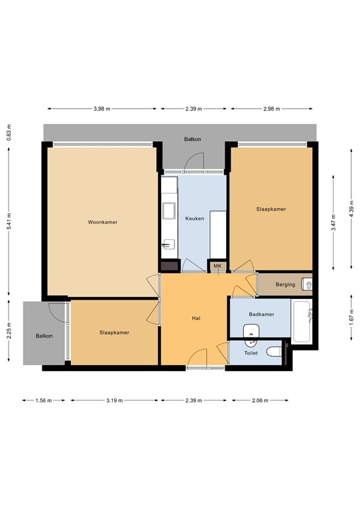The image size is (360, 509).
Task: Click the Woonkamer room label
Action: pos(102,222)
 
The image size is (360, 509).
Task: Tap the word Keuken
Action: pos(194,218)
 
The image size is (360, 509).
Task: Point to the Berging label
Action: pos(276,284)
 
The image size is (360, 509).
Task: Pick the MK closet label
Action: pos(217,266)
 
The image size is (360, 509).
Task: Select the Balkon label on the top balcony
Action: pos(193,139)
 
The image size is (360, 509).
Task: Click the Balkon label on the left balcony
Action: pos(44,336)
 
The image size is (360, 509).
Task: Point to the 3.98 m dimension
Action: pos(102,109)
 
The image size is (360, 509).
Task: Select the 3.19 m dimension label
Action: pos(114,400)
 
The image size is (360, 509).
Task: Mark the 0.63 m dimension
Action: pos(9,133)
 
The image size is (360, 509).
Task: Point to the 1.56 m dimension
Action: pos(44,400)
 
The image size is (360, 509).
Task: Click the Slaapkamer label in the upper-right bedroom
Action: pos(271,209)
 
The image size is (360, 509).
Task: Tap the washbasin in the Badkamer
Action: pos(251,332)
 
